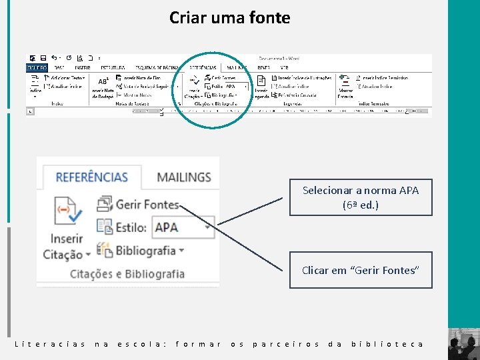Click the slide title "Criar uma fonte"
pyautogui.click(x=229, y=18)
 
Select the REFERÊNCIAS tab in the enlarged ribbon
pyautogui.click(x=91, y=177)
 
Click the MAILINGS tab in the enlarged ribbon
pyautogui.click(x=183, y=177)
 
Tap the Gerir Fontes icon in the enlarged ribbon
pyautogui.click(x=105, y=203)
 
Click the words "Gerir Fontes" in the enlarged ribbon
pyautogui.click(x=147, y=204)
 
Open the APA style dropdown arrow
pyautogui.click(x=209, y=227)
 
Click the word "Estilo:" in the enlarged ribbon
pyautogui.click(x=131, y=227)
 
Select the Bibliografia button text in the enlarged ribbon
pyautogui.click(x=146, y=251)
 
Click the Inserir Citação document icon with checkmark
pyautogui.click(x=67, y=211)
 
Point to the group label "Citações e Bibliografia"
pyautogui.click(x=127, y=273)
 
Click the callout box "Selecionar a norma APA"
pyautogui.click(x=361, y=197)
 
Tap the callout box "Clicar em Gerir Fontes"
pyautogui.click(x=361, y=270)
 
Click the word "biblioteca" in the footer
pyautogui.click(x=387, y=344)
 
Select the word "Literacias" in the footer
pyautogui.click(x=50, y=344)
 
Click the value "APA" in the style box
pyautogui.click(x=167, y=227)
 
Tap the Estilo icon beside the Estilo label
pyautogui.click(x=105, y=227)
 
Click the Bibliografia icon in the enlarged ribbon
pyautogui.click(x=105, y=250)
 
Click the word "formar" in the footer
pyautogui.click(x=198, y=344)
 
